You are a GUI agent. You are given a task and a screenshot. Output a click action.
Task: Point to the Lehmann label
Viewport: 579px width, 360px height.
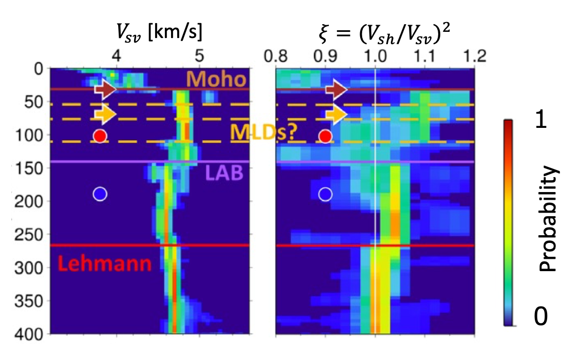click(104, 263)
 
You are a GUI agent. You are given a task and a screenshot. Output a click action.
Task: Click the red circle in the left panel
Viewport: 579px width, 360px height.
click(100, 136)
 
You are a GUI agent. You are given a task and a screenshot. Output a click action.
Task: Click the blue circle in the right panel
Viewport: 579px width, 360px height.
click(325, 194)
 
